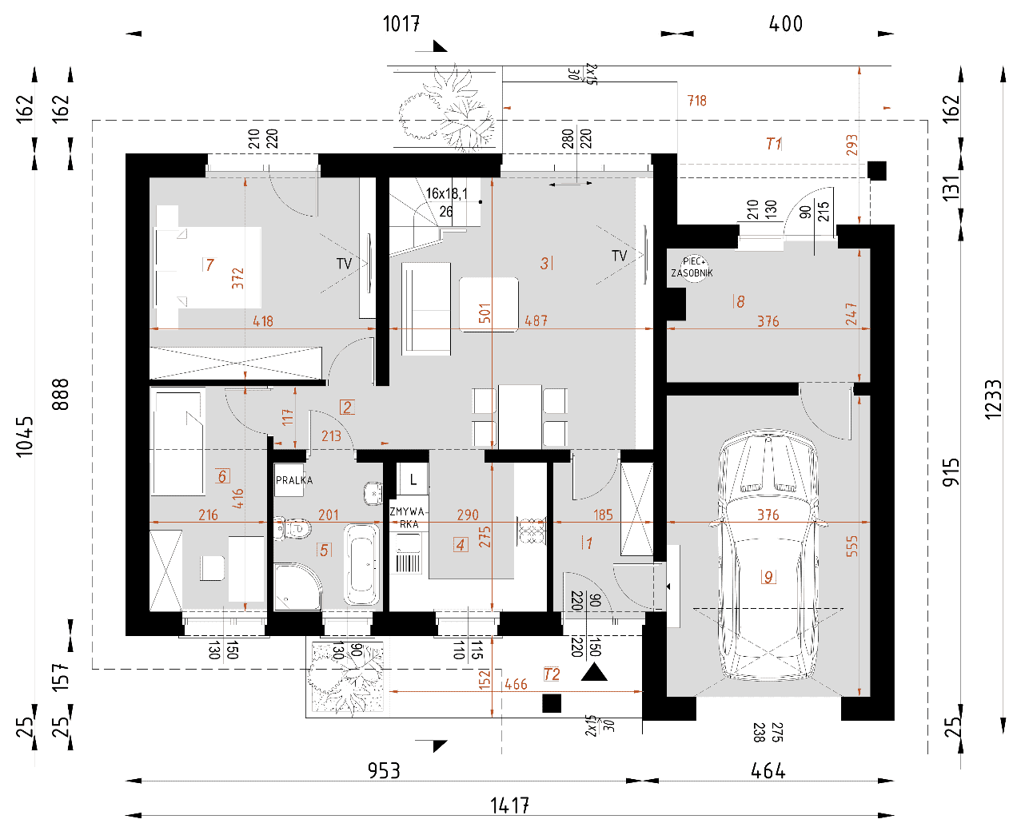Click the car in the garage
click(x=768, y=554)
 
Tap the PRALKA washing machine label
click(x=294, y=480)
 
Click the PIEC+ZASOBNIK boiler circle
click(x=692, y=268)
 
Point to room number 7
click(x=209, y=264)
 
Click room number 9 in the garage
click(x=768, y=577)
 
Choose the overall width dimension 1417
click(x=509, y=806)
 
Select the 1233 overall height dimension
click(x=993, y=400)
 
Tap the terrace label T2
click(x=552, y=674)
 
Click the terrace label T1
click(x=774, y=144)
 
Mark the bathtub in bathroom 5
click(x=361, y=564)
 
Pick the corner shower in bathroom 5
click(x=296, y=587)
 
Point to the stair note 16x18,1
click(x=447, y=194)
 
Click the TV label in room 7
click(x=344, y=264)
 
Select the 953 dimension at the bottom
click(x=384, y=770)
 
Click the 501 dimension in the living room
click(x=485, y=313)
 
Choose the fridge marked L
click(x=413, y=479)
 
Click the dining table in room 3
click(x=520, y=417)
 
